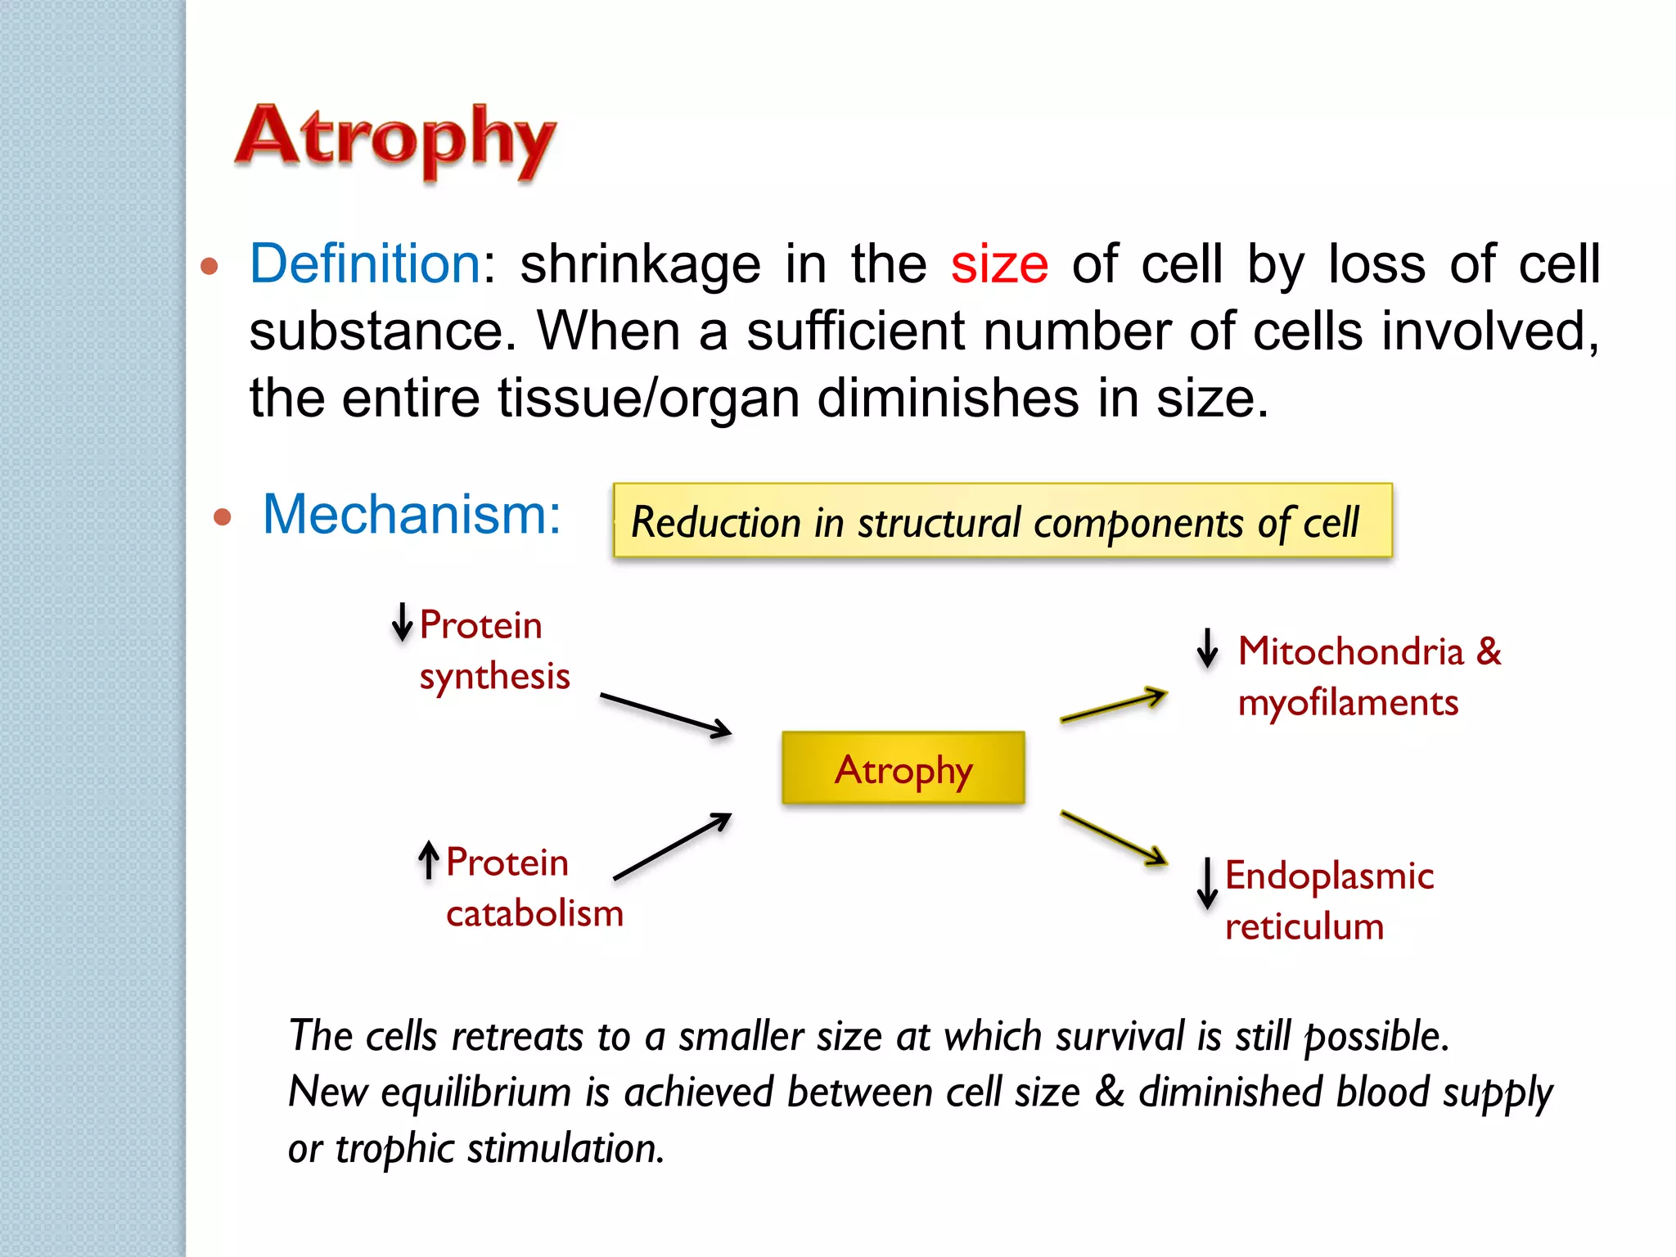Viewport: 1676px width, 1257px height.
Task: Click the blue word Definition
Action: tap(365, 264)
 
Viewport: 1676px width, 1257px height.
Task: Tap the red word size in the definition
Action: tap(999, 265)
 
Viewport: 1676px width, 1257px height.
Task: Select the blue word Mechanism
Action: tap(411, 515)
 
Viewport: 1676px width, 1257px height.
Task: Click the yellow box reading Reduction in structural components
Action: tap(1002, 521)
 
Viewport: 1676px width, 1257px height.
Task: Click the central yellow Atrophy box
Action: tap(903, 768)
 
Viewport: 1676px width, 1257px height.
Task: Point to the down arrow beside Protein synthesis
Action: tap(402, 623)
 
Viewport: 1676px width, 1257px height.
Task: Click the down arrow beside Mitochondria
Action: tap(1207, 648)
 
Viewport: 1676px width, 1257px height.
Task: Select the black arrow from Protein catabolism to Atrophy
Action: tap(672, 846)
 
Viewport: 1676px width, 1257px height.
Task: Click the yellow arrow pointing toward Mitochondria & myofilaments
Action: tap(1113, 705)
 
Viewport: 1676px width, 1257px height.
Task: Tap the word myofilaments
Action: tap(1348, 703)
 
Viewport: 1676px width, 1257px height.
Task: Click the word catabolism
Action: tap(534, 913)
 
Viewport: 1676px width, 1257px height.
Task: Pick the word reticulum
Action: tap(1304, 926)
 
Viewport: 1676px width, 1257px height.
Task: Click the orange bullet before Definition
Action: tap(209, 266)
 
